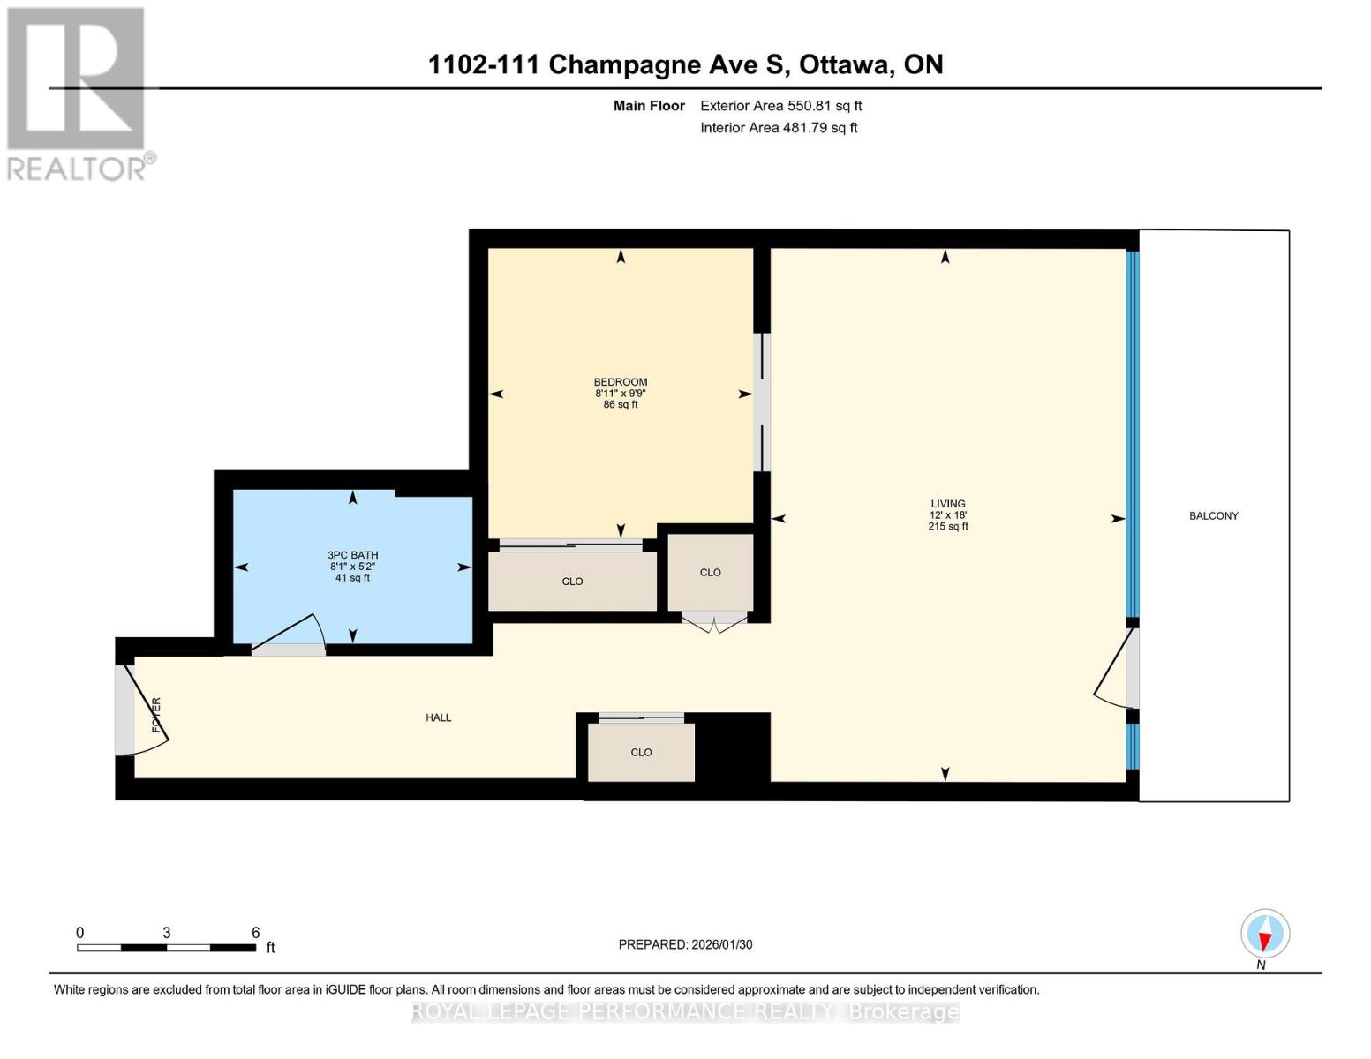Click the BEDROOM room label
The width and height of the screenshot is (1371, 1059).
(x=620, y=381)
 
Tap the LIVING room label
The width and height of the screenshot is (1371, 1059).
(x=947, y=503)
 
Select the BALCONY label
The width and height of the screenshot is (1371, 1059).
(x=1213, y=515)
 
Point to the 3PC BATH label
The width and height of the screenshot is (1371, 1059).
(x=352, y=555)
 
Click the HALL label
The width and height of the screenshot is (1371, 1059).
(x=438, y=717)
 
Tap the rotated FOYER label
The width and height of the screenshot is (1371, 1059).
(x=156, y=715)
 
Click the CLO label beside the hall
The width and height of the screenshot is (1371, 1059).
(x=641, y=752)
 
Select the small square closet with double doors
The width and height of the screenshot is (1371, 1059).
(x=711, y=573)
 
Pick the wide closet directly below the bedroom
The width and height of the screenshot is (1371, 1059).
(x=572, y=582)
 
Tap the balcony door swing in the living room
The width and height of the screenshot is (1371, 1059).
(x=1111, y=675)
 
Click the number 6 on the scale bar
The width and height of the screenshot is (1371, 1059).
(x=255, y=932)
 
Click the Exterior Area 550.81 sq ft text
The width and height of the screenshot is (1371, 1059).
(x=780, y=106)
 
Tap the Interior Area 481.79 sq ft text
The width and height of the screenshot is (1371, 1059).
(x=779, y=127)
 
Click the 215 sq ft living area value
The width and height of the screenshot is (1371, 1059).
(x=947, y=526)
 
